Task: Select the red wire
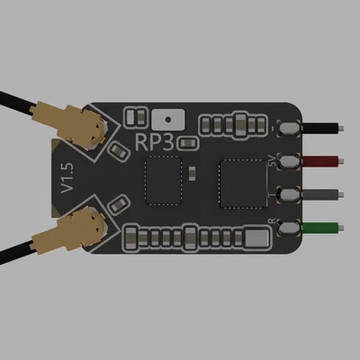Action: tap(324, 161)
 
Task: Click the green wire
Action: tap(324, 227)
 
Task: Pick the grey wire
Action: tap(324, 194)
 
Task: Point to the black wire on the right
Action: tap(324, 129)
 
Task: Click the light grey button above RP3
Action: tap(167, 118)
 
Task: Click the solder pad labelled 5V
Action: tap(290, 161)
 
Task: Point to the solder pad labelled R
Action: tap(290, 227)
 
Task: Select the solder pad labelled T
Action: tap(290, 194)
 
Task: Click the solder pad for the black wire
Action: tap(290, 129)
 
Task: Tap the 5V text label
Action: tap(273, 161)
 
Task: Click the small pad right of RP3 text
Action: tap(188, 142)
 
